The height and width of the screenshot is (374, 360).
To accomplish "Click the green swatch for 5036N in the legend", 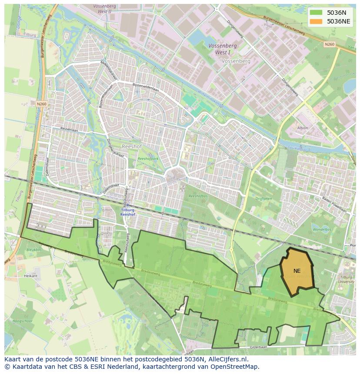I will pyautogui.click(x=316, y=13).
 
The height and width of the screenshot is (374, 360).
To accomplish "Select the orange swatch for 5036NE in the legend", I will pyautogui.click(x=316, y=21).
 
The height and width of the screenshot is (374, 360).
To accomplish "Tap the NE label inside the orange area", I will pyautogui.click(x=297, y=271).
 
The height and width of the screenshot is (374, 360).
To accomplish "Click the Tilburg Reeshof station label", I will pyautogui.click(x=127, y=212).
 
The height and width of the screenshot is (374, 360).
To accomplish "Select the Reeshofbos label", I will pyautogui.click(x=199, y=196).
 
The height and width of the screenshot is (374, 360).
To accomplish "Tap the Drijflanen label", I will pyautogui.click(x=263, y=198).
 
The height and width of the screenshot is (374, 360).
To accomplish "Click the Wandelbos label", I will pyautogui.click(x=321, y=229).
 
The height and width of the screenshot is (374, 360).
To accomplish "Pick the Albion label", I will pyautogui.click(x=303, y=128).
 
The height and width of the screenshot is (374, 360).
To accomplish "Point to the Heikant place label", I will pyautogui.click(x=30, y=276).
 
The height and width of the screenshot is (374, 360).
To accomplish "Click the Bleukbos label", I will pyautogui.click(x=33, y=250).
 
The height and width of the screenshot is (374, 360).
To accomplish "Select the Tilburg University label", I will pyautogui.click(x=346, y=279).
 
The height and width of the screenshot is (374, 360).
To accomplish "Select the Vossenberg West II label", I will pyautogui.click(x=104, y=9).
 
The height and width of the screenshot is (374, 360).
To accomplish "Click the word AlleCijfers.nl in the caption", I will pyautogui.click(x=227, y=359).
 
